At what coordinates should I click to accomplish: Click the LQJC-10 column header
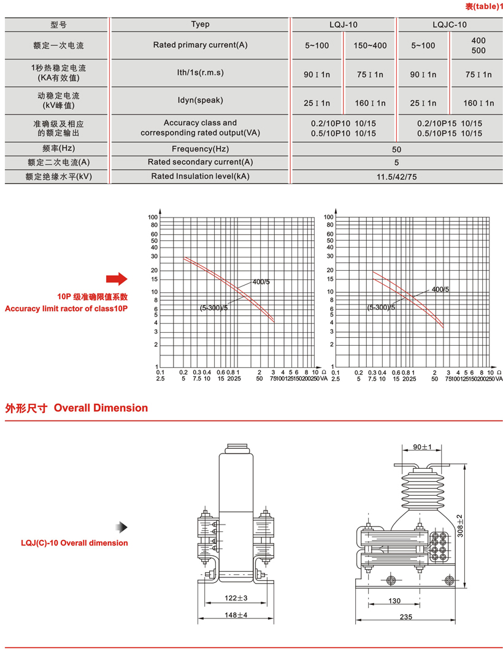(449, 25)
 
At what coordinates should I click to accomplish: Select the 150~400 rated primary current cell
(370, 45)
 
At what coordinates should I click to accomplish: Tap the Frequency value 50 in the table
(396, 150)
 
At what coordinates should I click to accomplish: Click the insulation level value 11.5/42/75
(396, 176)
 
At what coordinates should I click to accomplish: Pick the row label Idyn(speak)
(199, 100)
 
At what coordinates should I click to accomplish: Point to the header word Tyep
(200, 25)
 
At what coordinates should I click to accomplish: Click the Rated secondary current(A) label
(200, 162)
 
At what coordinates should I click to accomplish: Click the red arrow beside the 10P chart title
(116, 280)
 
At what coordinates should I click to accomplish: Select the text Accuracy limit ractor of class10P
(66, 308)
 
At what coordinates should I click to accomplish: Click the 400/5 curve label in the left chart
(261, 283)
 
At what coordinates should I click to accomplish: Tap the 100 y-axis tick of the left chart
(153, 218)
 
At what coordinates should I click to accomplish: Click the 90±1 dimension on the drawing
(423, 447)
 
